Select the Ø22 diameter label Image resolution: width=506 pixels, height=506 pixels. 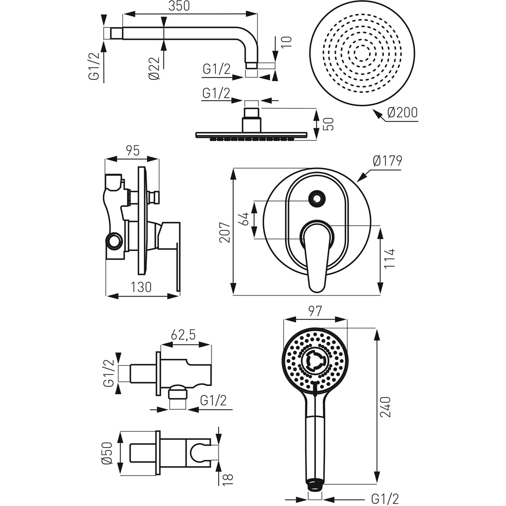click(x=154, y=68)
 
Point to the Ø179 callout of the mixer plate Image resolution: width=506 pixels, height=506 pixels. click(x=387, y=161)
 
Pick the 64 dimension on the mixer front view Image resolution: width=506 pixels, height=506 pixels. click(x=244, y=219)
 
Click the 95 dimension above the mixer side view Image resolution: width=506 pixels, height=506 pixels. click(x=132, y=150)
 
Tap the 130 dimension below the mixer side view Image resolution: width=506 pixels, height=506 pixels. click(x=141, y=287)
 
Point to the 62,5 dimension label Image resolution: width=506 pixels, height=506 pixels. click(x=183, y=334)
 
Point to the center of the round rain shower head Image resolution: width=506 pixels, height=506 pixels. click(x=362, y=53)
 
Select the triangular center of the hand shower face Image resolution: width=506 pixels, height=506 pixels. click(x=315, y=360)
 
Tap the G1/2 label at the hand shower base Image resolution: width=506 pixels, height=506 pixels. click(x=385, y=498)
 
